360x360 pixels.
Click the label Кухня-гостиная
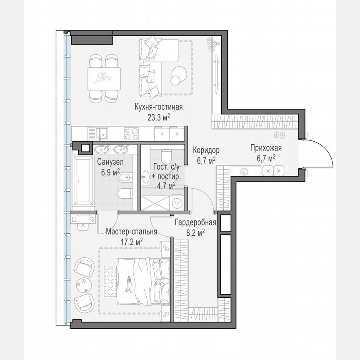pos(153,107)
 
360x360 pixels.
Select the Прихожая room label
pos(266,148)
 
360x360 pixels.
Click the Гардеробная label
pos(195,222)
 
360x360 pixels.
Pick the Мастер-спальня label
pos(131,232)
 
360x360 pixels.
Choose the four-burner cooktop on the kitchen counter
pos(133,134)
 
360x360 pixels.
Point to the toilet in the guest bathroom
pos(165,155)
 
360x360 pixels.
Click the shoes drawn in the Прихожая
pos(279,135)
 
